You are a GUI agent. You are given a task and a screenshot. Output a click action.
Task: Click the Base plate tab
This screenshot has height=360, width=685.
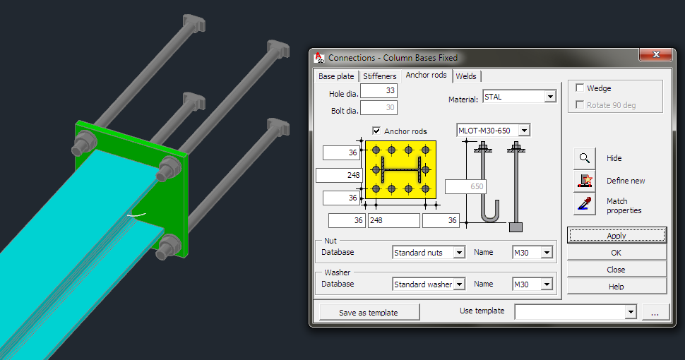pyautogui.click(x=336, y=76)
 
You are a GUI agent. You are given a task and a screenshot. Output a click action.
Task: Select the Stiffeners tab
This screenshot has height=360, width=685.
pyautogui.click(x=380, y=76)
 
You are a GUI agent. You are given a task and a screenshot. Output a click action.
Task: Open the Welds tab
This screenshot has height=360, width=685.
pyautogui.click(x=466, y=76)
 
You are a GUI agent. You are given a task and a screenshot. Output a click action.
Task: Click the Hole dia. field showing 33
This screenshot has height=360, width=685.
pyautogui.click(x=380, y=91)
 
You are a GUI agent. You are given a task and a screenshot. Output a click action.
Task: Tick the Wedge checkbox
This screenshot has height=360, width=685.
pyautogui.click(x=580, y=88)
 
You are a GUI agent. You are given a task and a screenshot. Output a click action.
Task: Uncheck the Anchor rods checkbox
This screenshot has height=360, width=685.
pyautogui.click(x=376, y=131)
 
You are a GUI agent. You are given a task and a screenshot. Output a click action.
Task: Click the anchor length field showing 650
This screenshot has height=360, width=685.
pyautogui.click(x=465, y=187)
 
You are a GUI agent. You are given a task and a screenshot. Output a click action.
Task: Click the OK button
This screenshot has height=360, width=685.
pyautogui.click(x=616, y=253)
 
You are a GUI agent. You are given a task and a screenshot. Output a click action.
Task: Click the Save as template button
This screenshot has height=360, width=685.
pyautogui.click(x=369, y=312)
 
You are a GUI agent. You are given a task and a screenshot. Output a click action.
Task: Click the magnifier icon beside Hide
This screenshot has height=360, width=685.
pyautogui.click(x=584, y=158)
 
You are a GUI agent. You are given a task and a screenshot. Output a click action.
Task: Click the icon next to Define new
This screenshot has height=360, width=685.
pyautogui.click(x=584, y=181)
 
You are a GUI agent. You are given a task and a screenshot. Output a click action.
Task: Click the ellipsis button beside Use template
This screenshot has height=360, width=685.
pyautogui.click(x=655, y=312)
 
